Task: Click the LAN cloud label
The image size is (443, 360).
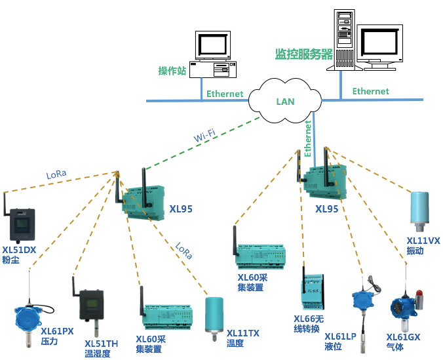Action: [285, 102]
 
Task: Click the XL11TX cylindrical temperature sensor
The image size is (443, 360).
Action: [214, 315]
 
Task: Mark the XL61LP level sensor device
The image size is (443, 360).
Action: [360, 302]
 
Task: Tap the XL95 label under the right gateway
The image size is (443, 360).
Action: [328, 210]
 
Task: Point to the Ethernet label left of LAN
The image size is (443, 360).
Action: [225, 94]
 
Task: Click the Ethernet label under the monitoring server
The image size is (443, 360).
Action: [370, 91]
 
